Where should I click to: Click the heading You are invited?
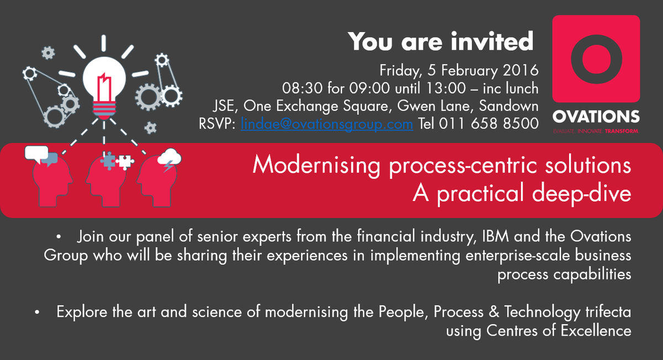click(440, 41)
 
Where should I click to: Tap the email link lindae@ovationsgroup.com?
click(327, 123)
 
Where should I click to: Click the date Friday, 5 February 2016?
click(459, 71)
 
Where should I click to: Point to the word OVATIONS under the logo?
click(596, 117)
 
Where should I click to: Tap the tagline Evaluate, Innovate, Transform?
click(596, 131)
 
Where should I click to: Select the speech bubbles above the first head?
click(41, 155)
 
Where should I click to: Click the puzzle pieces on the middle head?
click(117, 161)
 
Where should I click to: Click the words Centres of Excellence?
click(559, 331)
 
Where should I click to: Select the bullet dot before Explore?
click(37, 313)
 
